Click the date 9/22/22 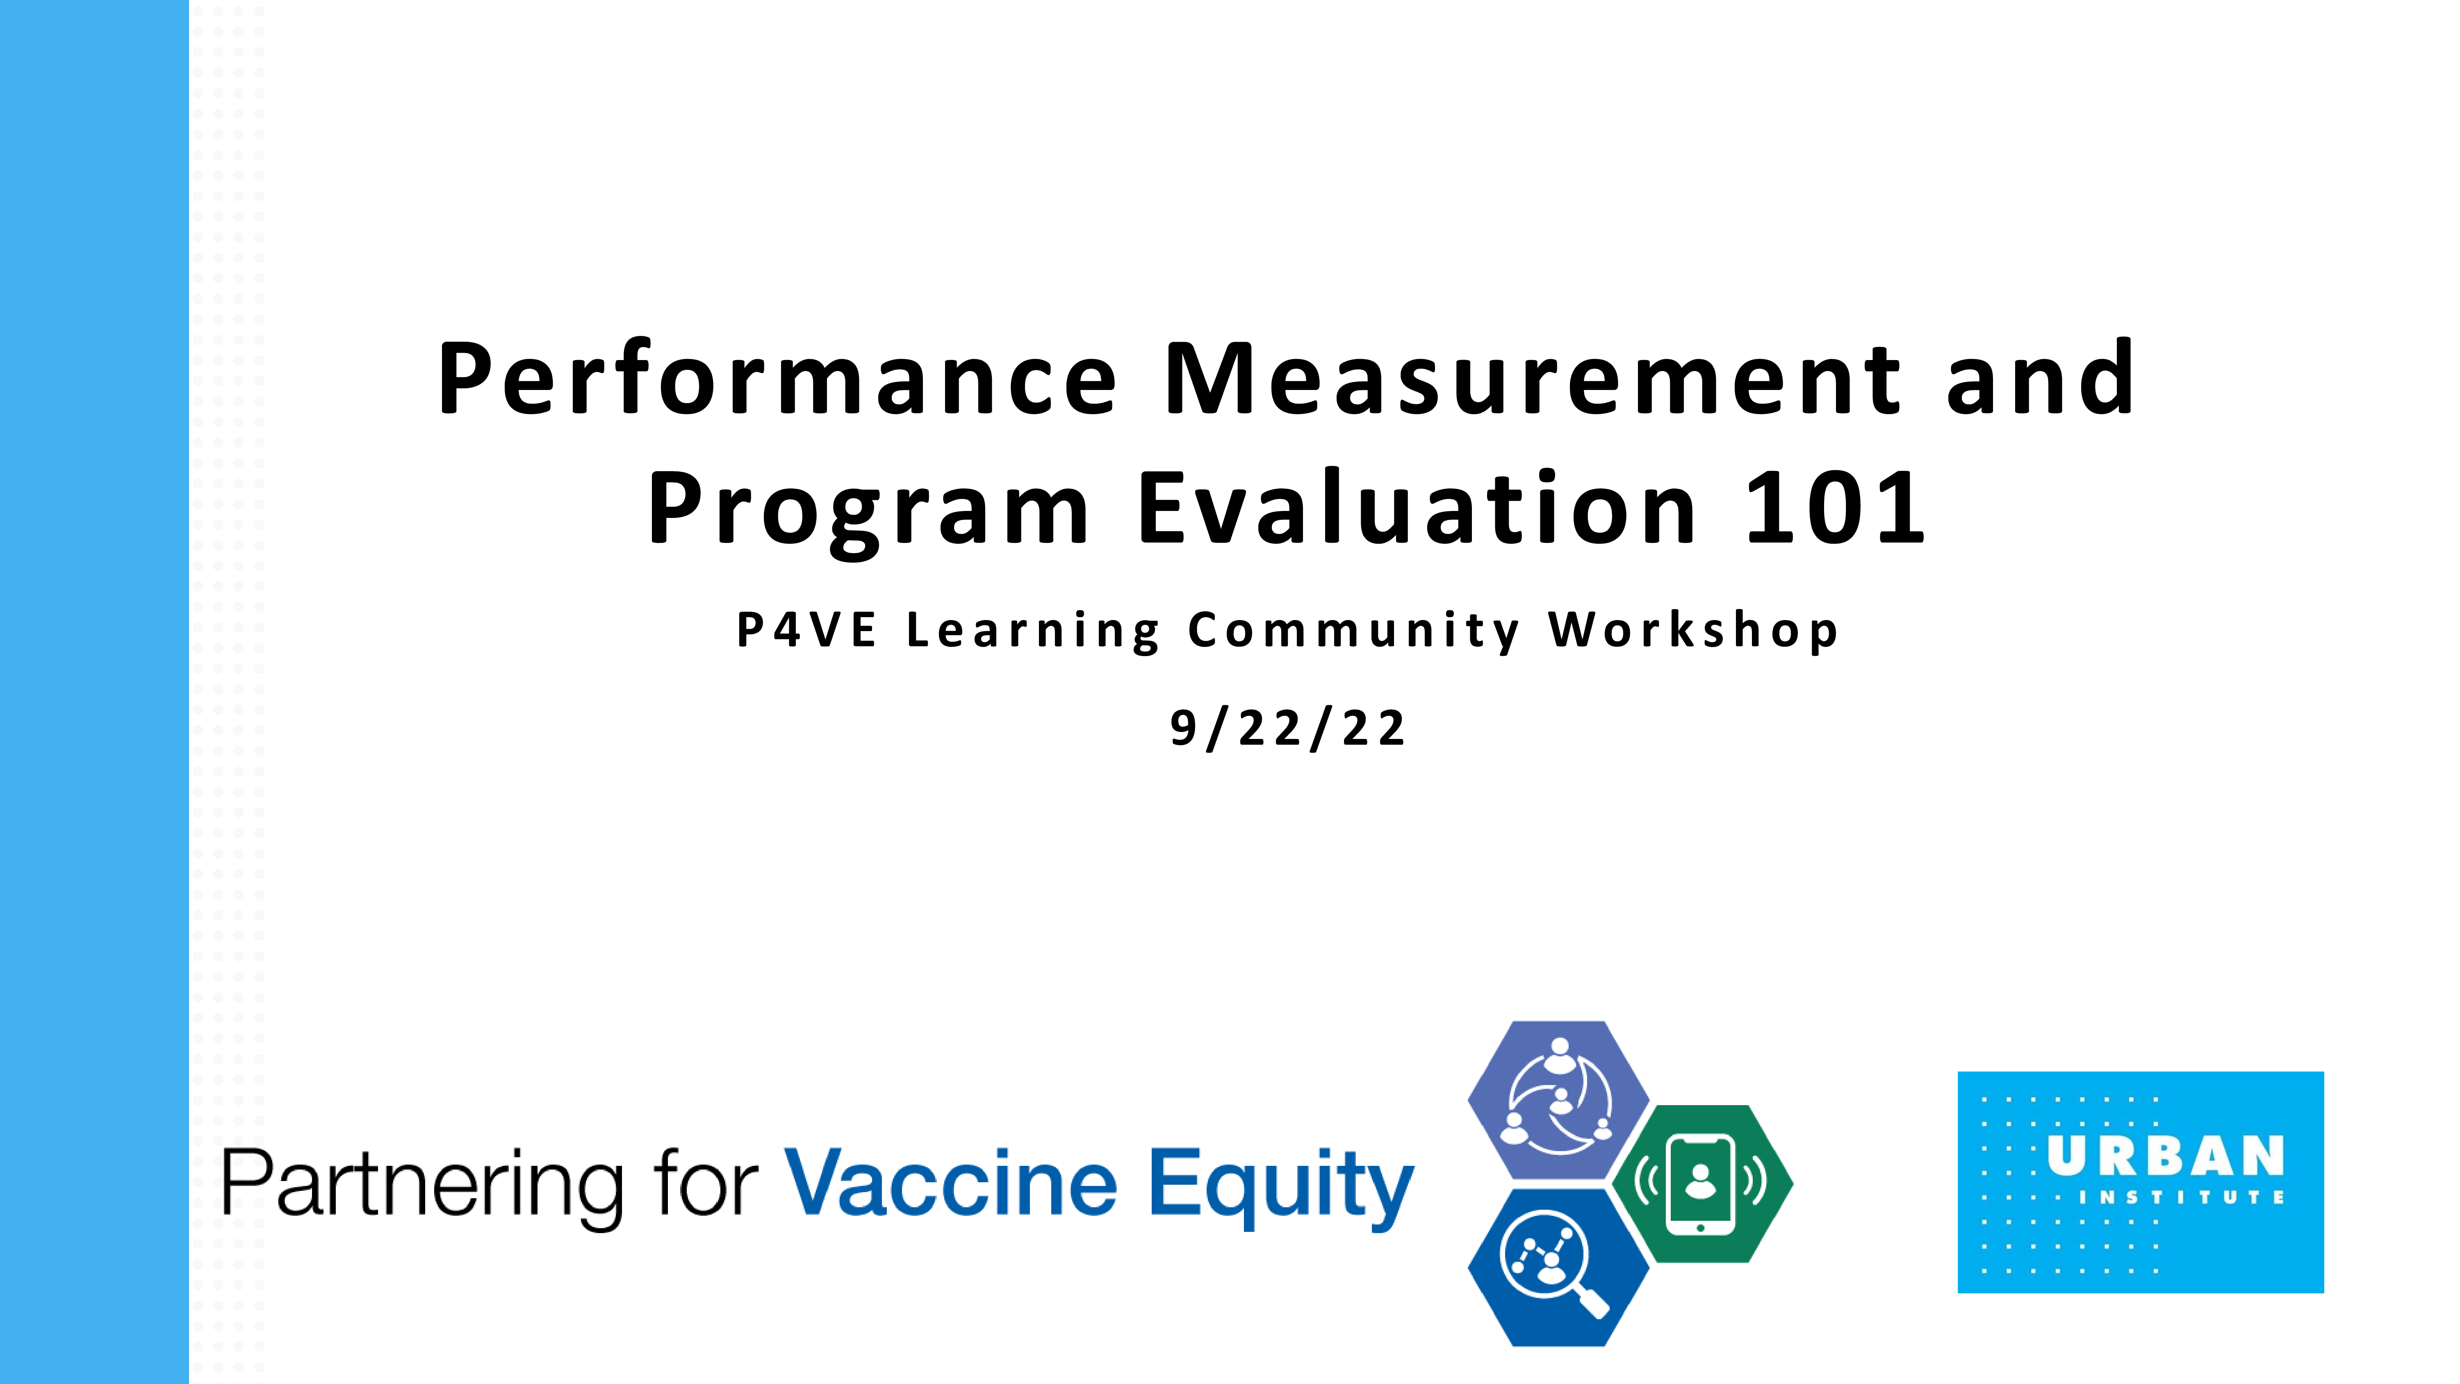[1287, 729]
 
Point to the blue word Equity [1280, 1187]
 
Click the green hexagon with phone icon [1702, 1184]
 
